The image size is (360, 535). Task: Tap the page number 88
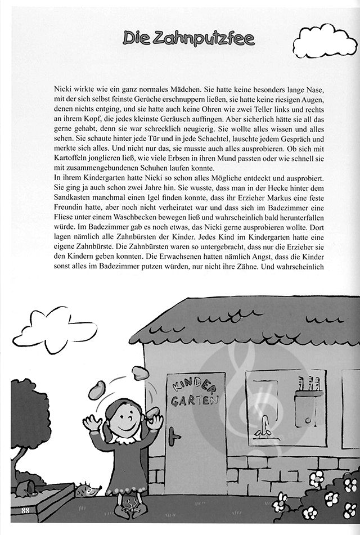[x=25, y=510]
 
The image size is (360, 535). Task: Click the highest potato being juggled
[x=140, y=373]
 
